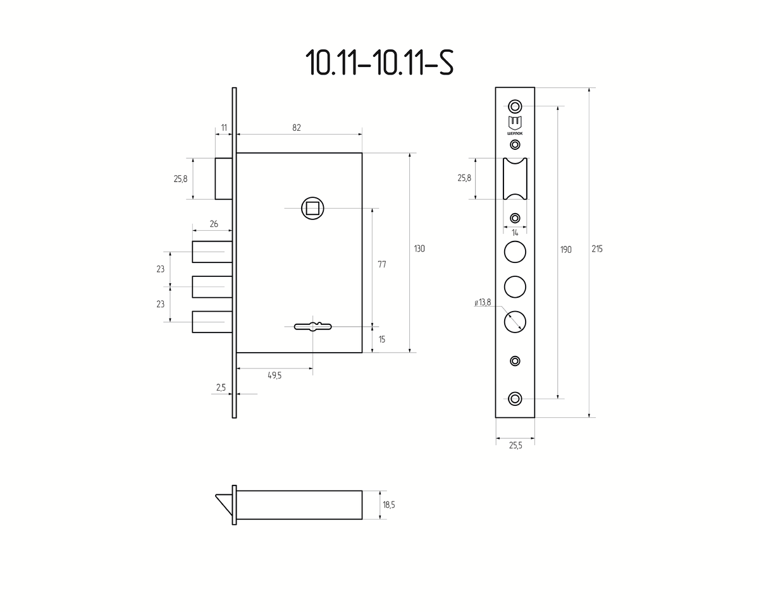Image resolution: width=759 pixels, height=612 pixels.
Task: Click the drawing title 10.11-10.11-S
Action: [379, 63]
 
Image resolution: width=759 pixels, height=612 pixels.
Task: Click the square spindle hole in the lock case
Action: [312, 209]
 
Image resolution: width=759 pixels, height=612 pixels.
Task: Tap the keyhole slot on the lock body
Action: [313, 326]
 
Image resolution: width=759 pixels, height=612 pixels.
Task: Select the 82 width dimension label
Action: [297, 128]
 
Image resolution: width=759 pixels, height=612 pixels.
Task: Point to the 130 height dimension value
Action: [419, 249]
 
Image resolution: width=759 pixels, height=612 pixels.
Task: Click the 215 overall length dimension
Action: [597, 249]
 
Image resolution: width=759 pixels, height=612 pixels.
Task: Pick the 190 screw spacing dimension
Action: [566, 250]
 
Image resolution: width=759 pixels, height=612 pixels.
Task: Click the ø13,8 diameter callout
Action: [483, 302]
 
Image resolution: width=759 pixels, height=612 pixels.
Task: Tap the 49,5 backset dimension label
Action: [275, 376]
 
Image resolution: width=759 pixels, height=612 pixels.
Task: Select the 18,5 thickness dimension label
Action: [389, 505]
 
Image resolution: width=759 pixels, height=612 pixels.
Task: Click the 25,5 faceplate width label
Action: [515, 446]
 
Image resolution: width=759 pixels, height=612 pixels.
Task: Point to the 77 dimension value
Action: [382, 264]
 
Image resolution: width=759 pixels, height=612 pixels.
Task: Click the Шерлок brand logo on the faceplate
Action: [515, 126]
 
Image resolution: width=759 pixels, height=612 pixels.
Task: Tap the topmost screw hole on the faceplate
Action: [515, 106]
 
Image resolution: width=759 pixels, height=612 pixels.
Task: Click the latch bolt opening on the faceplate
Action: [515, 179]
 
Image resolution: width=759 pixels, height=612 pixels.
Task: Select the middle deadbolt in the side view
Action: [212, 287]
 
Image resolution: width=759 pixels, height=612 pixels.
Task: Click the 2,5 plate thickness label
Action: [221, 388]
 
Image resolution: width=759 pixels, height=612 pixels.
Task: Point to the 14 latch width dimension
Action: [515, 233]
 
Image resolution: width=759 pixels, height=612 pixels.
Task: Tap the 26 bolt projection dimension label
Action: [214, 224]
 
